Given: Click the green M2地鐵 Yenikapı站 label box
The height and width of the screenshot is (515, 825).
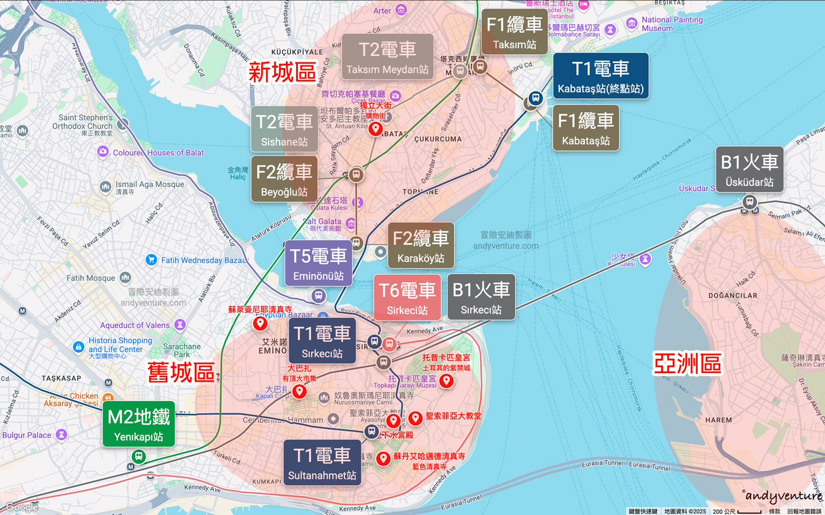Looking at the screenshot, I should coord(139,424).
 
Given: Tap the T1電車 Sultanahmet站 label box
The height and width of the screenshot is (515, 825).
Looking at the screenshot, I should coord(322,463).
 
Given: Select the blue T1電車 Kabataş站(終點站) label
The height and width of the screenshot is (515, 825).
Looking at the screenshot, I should coord(600,76).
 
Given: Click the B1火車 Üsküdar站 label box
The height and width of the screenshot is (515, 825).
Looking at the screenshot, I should coord(749,169).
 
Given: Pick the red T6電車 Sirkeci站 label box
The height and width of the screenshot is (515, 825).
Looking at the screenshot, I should coord(407,298).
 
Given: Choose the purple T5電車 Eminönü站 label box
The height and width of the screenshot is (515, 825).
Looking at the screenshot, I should coord(319,263).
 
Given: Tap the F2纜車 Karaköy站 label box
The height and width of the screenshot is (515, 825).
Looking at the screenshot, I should coord(421,245).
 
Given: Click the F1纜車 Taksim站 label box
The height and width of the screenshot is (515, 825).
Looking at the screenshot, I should coord(514,32).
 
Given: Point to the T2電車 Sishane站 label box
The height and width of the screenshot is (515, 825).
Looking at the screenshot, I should coord(284,129).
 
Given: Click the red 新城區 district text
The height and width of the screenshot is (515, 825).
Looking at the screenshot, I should coord(282,73).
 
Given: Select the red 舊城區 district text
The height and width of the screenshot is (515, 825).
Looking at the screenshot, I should coord(181,373).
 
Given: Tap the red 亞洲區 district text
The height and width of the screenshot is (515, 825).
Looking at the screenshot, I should coord(687,364).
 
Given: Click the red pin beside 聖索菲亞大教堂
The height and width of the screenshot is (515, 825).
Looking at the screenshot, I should coord(415,418).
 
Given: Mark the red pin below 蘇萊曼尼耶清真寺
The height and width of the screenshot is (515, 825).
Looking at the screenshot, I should coord(260,323).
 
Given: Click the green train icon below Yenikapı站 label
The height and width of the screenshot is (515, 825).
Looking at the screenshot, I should coord(138,457).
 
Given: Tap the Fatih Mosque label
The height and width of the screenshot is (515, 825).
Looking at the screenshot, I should coord(91,278).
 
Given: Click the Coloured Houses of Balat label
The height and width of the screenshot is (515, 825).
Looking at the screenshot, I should coord(158,153).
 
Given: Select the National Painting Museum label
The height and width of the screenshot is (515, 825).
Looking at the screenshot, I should coord(671,23).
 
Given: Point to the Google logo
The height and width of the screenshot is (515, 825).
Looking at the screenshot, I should coord(22,507).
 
